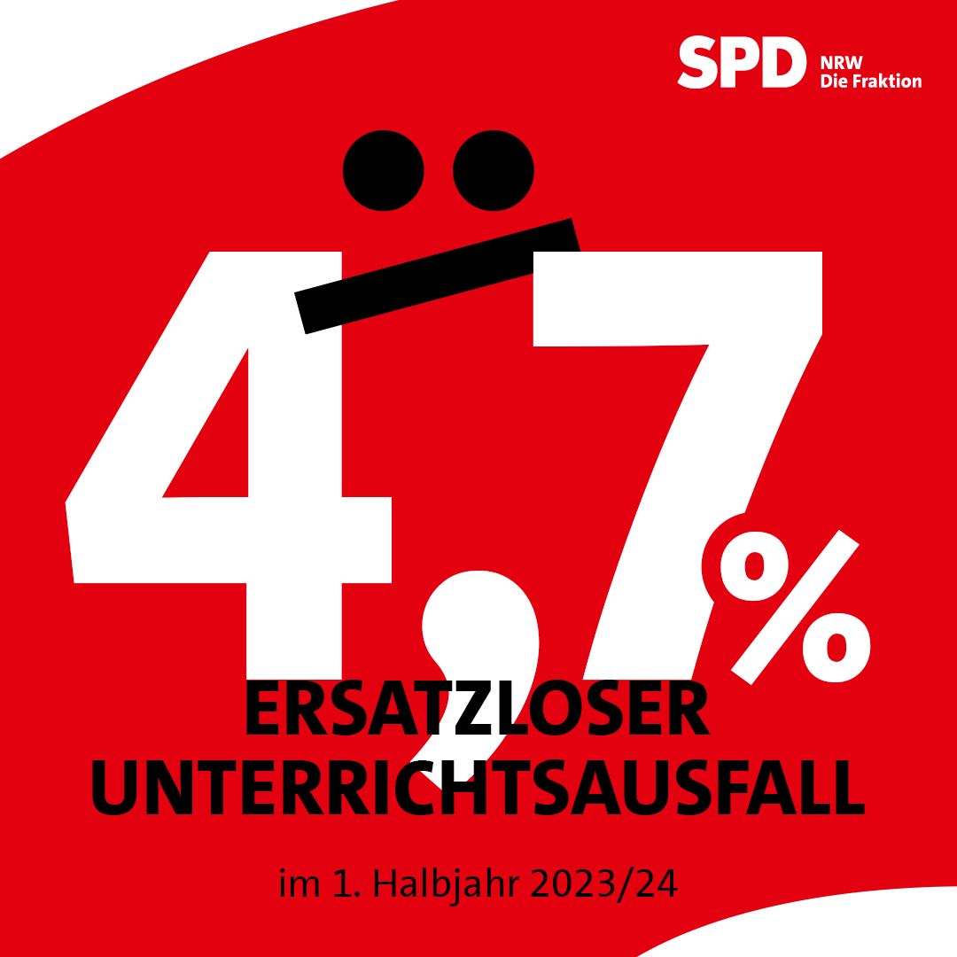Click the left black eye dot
tap(383, 170)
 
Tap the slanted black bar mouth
tap(438, 275)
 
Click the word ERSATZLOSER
tap(477, 711)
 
